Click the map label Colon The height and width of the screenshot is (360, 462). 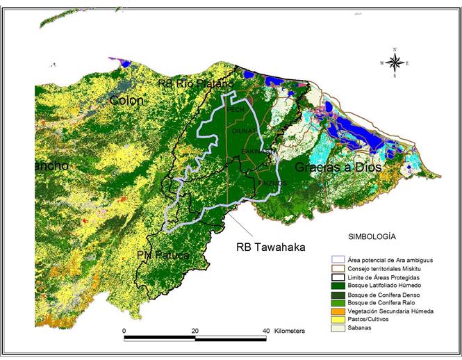pos(126,101)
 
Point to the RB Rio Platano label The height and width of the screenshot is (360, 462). pos(190,84)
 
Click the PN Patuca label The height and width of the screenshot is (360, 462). pos(164,255)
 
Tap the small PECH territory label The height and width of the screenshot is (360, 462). pos(235,109)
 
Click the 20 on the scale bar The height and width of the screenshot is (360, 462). pos(195,331)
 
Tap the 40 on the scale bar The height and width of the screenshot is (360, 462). pos(266,331)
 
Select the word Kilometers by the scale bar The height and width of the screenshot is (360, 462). pos(290,331)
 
